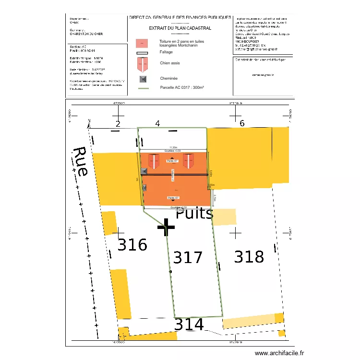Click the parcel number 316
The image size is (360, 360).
[132, 245]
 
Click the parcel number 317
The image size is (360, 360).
[188, 258]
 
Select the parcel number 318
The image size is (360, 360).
[249, 257]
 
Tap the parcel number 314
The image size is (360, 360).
[189, 325]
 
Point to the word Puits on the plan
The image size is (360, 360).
[194, 213]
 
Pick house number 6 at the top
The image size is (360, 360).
[242, 123]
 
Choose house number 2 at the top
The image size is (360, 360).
[117, 124]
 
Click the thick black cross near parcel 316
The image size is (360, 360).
[166, 228]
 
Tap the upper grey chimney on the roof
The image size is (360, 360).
[144, 170]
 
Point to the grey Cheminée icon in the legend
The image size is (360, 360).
[142, 79]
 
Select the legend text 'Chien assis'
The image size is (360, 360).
[169, 62]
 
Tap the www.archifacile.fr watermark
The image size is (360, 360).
[279, 353]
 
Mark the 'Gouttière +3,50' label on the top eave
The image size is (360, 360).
[172, 151]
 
